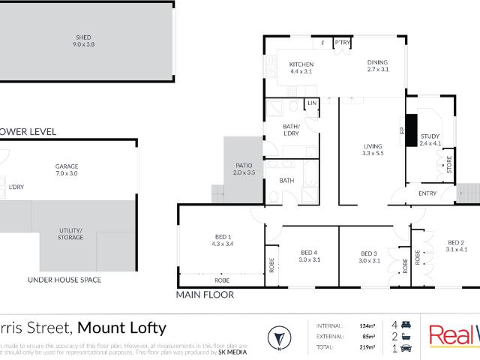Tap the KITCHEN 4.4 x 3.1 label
pos(301,68)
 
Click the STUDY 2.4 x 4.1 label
pos(430,139)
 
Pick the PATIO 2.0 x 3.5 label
pos(244,169)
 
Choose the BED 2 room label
pos(456,245)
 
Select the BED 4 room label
pos(310,256)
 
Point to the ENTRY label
pos(427,194)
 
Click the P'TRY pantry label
pos(343,42)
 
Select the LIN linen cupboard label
pos(312,103)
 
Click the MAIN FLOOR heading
pos(205,295)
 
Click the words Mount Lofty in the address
pos(122,328)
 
